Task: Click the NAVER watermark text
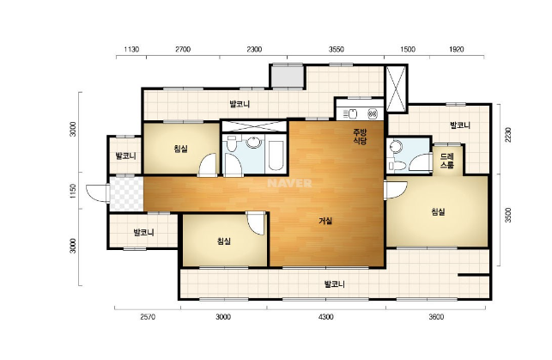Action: tap(289, 183)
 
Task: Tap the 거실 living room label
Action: tap(325, 221)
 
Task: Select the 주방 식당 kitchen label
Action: tap(361, 137)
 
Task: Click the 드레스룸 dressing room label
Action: tap(447, 161)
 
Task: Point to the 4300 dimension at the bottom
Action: tap(325, 317)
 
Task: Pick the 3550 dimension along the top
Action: tap(337, 49)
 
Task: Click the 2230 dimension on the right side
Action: tap(507, 135)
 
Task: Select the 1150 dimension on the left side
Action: tap(73, 192)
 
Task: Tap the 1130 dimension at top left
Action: tap(131, 49)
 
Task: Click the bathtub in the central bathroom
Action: tap(276, 156)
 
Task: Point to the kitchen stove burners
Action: tap(373, 113)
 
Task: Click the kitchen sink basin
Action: tap(352, 113)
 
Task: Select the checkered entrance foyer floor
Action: tap(126, 194)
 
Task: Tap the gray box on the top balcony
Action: tap(288, 76)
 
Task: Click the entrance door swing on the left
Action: tap(97, 193)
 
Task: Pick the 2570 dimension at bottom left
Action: tap(148, 317)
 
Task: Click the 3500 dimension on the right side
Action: tap(507, 215)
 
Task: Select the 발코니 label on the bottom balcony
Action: tap(335, 284)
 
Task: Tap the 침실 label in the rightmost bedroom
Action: tap(438, 211)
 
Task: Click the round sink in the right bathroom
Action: tap(396, 146)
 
